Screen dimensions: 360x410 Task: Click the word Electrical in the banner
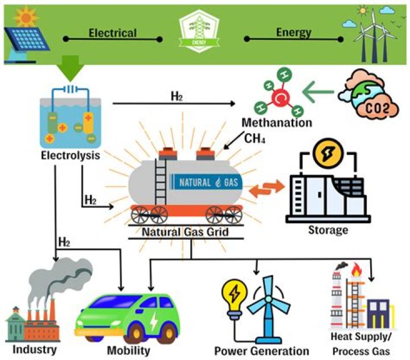coord(113,33)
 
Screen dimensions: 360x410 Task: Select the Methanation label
coord(277,122)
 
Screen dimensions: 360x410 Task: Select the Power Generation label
coord(261,350)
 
